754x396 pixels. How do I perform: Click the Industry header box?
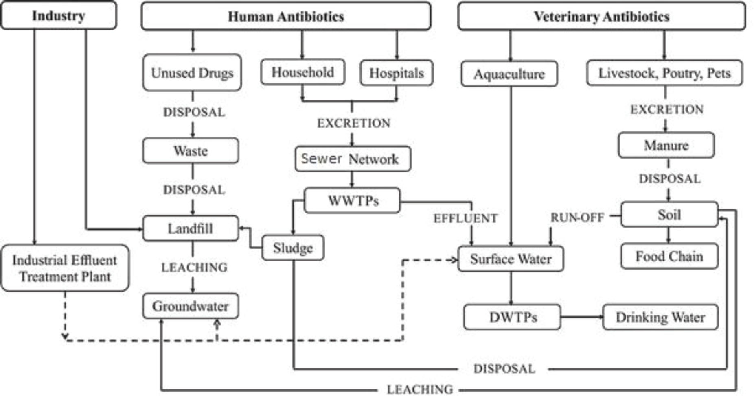coord(59,15)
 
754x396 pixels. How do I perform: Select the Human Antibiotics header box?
coord(286,16)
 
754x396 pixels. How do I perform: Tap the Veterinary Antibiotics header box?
coord(601,16)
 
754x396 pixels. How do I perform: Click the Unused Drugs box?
coord(192,73)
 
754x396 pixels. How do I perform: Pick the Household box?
coord(302,72)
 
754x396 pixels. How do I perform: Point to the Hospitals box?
coord(397,73)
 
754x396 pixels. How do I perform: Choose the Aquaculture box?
coord(509,74)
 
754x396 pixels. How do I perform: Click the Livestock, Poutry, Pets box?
coord(664,73)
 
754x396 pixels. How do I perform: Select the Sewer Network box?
coord(353,159)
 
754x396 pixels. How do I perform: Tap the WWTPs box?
coord(353,200)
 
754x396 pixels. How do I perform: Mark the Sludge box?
coord(293,248)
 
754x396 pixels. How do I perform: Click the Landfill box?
coord(191,228)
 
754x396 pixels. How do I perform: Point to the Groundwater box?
coord(191,306)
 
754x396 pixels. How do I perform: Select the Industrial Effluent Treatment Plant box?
coord(65,268)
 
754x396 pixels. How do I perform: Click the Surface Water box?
coord(511,259)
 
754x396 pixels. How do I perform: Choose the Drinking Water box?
coord(660,317)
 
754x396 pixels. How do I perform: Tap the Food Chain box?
coord(669,256)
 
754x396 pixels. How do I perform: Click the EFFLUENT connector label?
coord(465,219)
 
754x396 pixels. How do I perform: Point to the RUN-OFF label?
coord(577,218)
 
